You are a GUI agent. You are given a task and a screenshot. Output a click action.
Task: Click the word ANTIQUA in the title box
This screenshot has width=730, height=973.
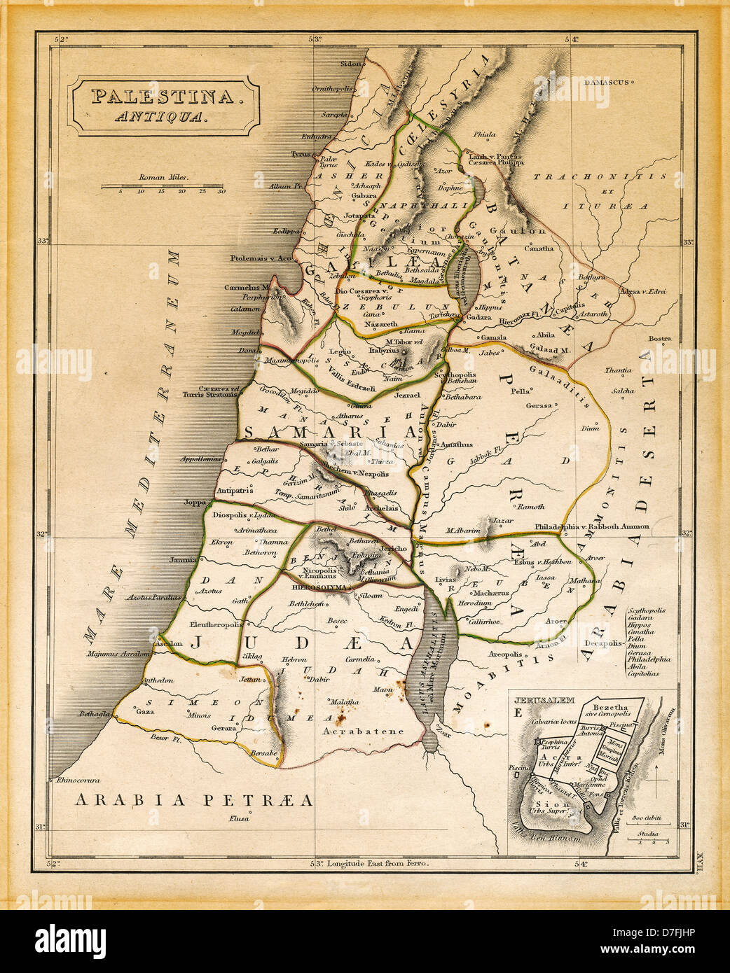[x=162, y=117]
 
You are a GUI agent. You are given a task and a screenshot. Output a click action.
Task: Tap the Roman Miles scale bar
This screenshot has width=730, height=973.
[x=163, y=186]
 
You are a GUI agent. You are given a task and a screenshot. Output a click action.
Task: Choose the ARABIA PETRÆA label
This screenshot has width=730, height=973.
[x=194, y=800]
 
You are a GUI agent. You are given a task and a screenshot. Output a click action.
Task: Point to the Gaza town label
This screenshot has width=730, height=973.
[x=144, y=711]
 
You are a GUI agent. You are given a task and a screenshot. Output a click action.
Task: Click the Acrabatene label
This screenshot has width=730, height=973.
[x=364, y=731]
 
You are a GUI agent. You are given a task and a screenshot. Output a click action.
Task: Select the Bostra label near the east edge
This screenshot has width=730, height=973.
[x=659, y=339]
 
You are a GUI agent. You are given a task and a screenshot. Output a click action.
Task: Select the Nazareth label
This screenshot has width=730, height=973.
[x=381, y=325]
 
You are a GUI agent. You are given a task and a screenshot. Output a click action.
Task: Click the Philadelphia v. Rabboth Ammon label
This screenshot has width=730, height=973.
[x=591, y=526]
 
